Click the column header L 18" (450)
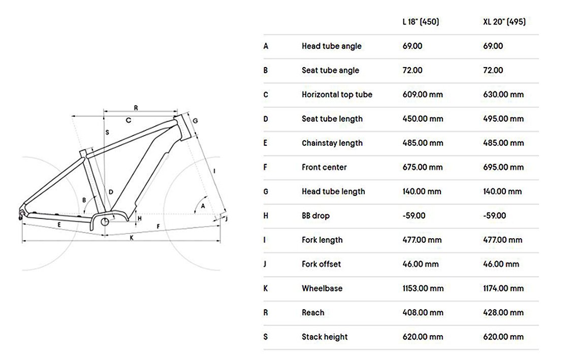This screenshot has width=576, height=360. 420,22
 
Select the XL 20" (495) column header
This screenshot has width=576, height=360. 504,22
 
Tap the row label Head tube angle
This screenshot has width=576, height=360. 331,46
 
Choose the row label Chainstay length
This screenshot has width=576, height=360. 332,143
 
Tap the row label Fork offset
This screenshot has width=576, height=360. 321,264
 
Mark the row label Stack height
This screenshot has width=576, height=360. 325,337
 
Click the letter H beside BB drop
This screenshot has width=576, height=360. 266,216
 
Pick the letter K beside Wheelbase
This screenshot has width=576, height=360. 266,288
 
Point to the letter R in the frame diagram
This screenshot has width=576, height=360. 136,108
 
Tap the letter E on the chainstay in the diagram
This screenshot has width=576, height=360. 59,224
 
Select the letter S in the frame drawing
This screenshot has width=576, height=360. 107,132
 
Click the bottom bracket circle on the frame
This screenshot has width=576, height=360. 105,222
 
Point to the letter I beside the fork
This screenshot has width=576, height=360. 214,171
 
